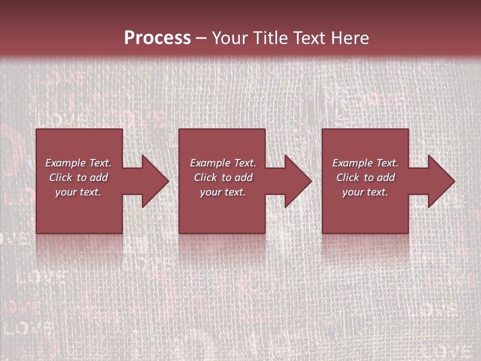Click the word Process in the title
tap(157, 38)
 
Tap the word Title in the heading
tap(269, 38)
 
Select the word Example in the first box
tap(65, 163)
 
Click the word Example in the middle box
tap(210, 163)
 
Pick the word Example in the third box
tap(352, 163)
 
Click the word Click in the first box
tap(61, 177)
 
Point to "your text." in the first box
tap(78, 192)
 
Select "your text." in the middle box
tap(223, 192)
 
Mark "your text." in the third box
tap(365, 192)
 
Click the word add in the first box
tap(99, 177)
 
